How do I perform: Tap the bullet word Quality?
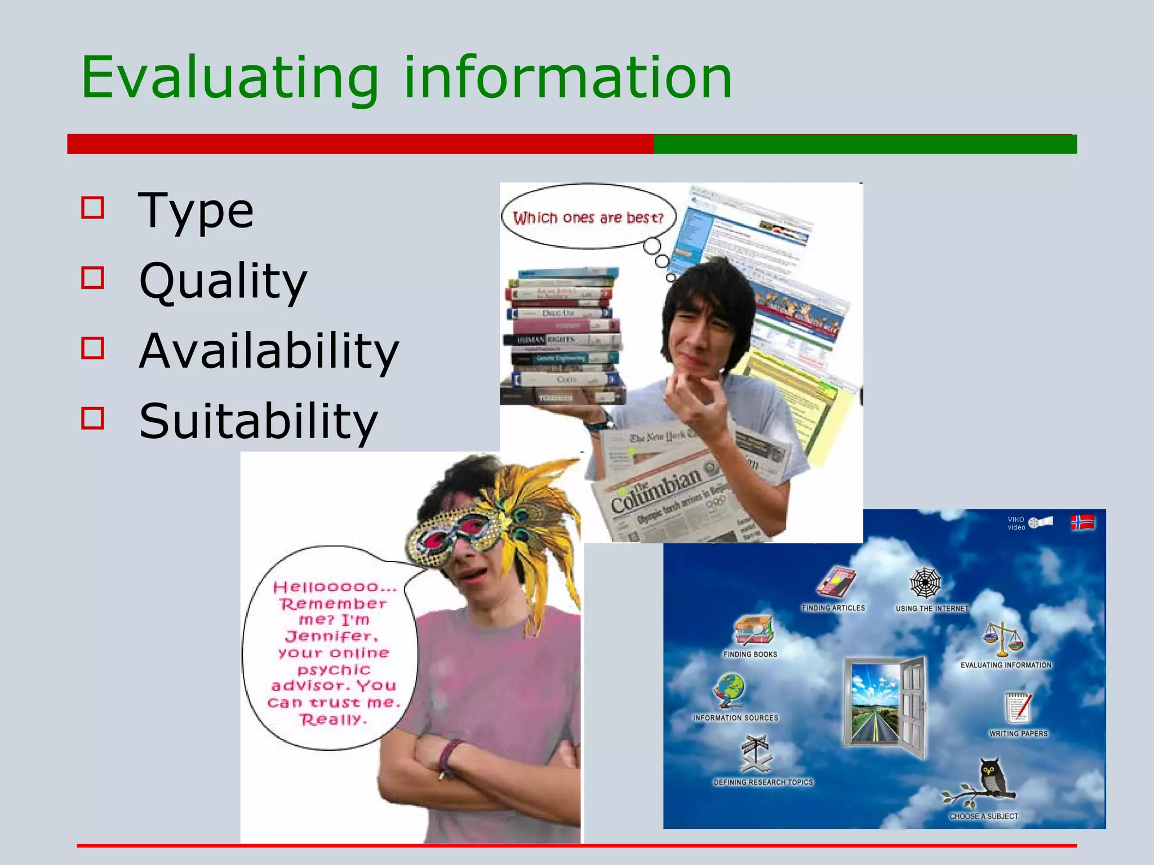223,281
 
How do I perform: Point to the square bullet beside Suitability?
93,418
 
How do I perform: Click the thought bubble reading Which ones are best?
588,217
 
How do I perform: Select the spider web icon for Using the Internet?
925,583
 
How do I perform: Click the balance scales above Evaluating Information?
1002,639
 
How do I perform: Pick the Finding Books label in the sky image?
750,654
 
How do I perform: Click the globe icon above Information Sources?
730,690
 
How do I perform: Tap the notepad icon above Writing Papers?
1018,707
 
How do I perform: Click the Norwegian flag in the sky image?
1082,523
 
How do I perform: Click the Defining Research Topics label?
763,782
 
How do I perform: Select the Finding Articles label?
833,608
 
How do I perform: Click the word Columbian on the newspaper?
656,490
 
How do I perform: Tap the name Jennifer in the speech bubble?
332,637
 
